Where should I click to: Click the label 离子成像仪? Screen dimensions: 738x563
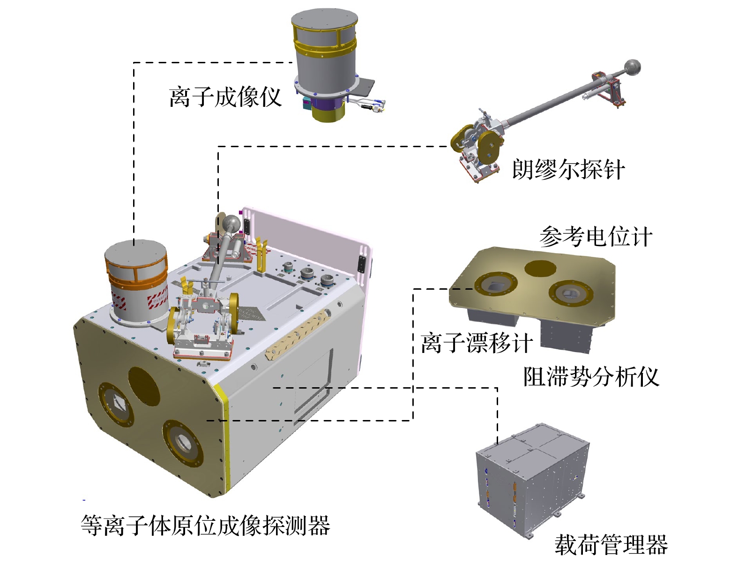[224, 97]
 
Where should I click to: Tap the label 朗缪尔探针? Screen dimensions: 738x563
[568, 169]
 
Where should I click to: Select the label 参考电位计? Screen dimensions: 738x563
[596, 236]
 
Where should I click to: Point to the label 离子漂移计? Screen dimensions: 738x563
[477, 342]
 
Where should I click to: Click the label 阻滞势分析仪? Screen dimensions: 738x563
[591, 376]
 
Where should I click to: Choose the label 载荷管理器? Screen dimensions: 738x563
[611, 544]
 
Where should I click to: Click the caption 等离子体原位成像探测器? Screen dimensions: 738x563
[205, 525]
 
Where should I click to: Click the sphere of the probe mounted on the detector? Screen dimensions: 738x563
[232, 223]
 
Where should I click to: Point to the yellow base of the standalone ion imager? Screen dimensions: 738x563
[328, 113]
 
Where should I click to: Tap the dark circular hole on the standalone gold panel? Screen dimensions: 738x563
[540, 269]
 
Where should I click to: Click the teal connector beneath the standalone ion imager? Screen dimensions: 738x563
[306, 103]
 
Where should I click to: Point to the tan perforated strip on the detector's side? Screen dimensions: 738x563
[297, 334]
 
